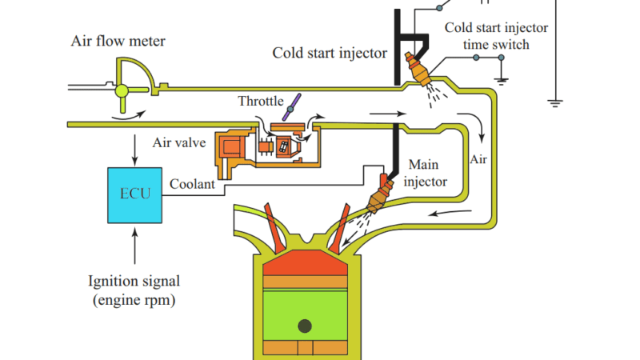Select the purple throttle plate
pos(295,103)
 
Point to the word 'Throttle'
pos(260,102)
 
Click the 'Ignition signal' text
pos(134,281)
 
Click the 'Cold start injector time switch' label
pos(496,36)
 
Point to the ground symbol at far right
pos(554,102)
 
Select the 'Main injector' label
pos(424,173)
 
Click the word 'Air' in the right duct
pos(478,158)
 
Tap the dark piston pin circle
pos(305,326)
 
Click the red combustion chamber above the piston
pos(305,263)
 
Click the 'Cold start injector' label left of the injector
pos(330,54)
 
